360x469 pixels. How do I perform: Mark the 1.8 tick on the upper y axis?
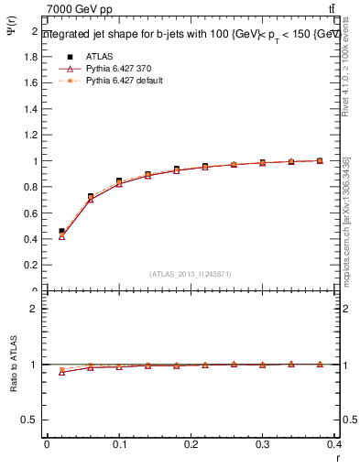30,57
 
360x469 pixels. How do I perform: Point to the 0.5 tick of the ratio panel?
30,420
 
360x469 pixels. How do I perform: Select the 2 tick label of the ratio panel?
34,310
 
